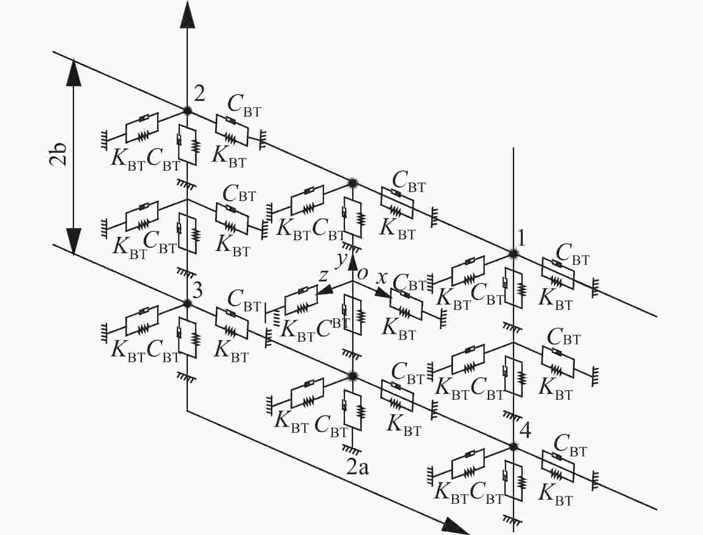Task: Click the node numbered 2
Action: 187,110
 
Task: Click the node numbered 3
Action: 187,303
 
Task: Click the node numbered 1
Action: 513,253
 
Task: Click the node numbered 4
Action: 513,446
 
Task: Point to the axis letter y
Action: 341,258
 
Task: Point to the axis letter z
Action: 324,276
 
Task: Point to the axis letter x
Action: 382,278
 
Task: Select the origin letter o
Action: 362,273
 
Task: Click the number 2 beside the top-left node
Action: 200,94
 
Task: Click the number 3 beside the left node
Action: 197,291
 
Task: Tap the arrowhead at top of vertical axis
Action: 187,16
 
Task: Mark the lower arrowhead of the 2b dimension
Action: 74,242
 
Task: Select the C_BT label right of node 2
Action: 244,105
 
